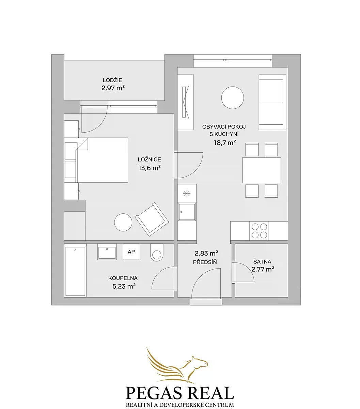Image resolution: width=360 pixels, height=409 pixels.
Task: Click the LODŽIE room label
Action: click(x=112, y=80)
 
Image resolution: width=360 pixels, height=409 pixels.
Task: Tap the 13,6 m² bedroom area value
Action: click(x=149, y=168)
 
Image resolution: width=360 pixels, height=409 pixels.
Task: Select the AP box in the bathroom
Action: click(x=131, y=252)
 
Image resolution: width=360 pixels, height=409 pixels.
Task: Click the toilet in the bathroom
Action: click(x=157, y=253)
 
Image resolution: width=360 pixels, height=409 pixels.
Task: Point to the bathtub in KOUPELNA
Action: click(x=75, y=272)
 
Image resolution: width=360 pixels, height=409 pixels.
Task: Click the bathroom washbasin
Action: click(x=107, y=252)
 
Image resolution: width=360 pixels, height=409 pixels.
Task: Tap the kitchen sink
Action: click(x=187, y=212)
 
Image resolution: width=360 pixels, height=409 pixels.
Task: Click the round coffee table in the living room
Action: click(x=233, y=98)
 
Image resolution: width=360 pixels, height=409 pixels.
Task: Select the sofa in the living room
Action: click(x=272, y=102)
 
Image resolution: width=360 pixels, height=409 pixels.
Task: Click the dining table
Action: click(x=262, y=170)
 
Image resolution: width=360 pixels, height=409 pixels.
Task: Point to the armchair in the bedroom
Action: click(x=152, y=219)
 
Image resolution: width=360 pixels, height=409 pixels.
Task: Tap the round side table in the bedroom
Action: click(x=123, y=223)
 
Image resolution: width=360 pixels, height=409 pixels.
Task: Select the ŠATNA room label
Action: click(x=262, y=262)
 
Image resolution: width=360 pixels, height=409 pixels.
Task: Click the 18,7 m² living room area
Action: click(x=225, y=143)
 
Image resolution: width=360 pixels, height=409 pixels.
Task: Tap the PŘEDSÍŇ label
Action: click(x=205, y=262)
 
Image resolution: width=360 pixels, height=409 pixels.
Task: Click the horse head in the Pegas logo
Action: click(x=200, y=362)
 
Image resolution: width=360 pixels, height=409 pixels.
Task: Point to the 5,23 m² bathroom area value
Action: click(x=124, y=286)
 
